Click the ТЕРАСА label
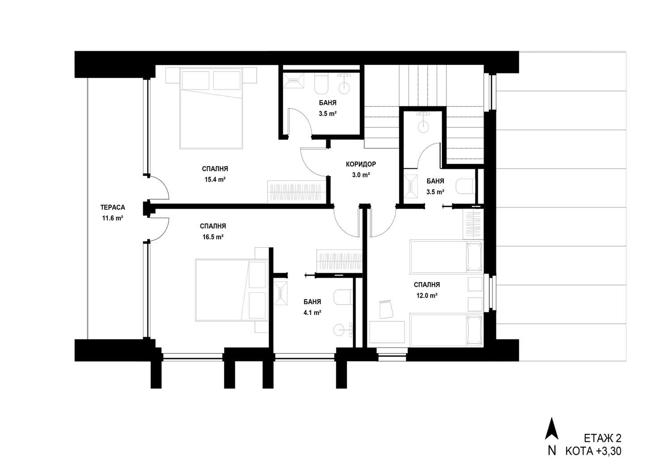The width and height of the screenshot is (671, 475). coord(113,207)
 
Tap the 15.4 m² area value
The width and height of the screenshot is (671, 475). coord(215,180)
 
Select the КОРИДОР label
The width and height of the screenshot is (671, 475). coord(361,164)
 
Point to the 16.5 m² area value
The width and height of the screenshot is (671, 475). coord(213,237)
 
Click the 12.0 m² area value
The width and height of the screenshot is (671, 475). coord(427,295)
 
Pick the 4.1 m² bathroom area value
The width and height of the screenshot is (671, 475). coord(312,312)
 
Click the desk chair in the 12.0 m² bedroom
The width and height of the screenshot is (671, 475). coord(386,309)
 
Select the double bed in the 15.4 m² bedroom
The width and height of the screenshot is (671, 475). coord(211,108)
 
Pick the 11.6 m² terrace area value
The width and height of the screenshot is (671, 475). coord(113,218)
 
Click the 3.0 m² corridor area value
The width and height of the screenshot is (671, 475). coord(361,175)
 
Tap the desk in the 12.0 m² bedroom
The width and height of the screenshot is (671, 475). coord(387,332)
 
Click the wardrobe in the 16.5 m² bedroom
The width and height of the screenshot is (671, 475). coord(340,260)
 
